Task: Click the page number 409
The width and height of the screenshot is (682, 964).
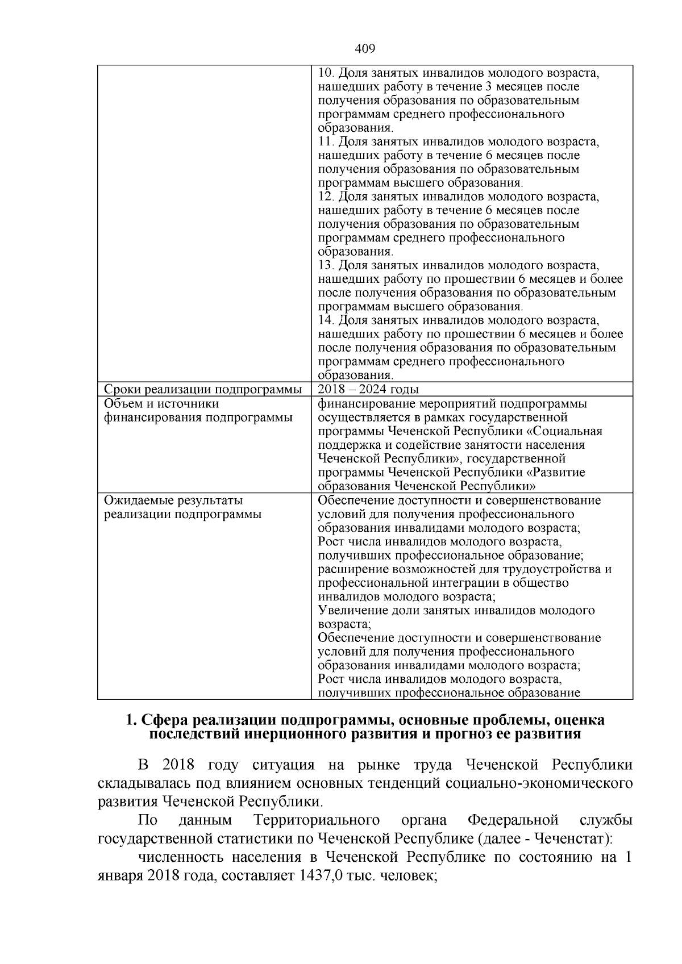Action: click(365, 49)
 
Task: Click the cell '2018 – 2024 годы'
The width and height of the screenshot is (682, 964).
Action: click(368, 389)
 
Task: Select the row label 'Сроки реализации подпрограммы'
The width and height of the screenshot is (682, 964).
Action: click(203, 390)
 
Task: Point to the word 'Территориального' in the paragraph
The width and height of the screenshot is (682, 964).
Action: click(317, 820)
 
